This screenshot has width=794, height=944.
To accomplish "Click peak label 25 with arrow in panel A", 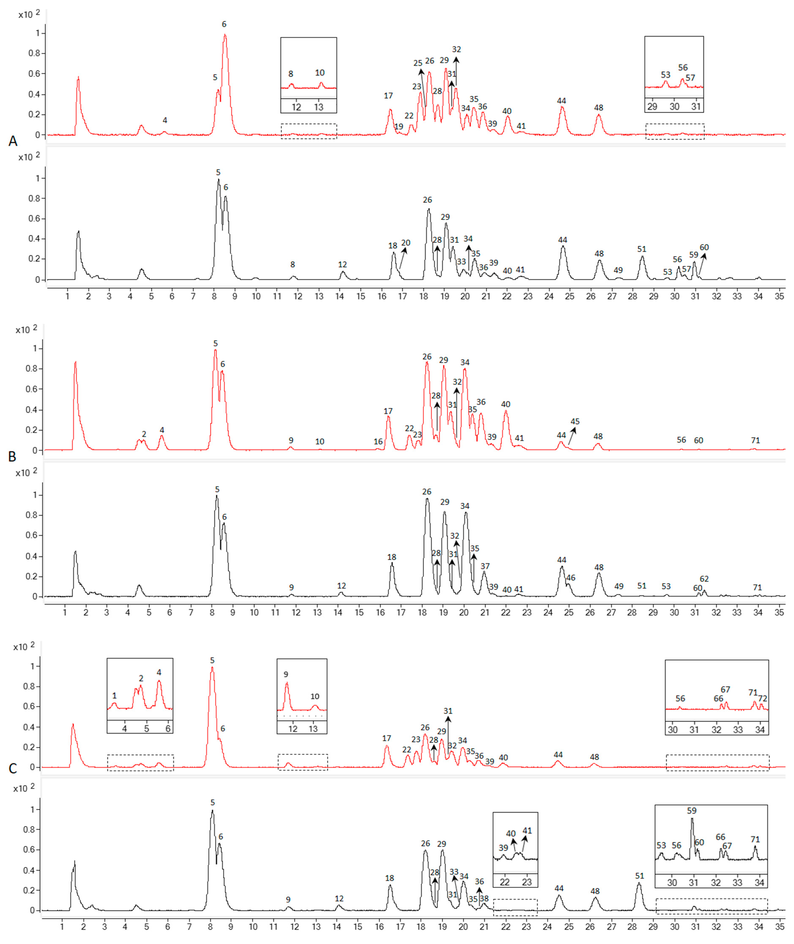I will [418, 63].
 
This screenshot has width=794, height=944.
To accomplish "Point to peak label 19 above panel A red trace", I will [399, 127].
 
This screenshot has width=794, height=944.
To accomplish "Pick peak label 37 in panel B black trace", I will [485, 566].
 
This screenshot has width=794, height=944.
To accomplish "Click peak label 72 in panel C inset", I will [763, 699].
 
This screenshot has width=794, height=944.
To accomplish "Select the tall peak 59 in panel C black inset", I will [692, 819].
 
